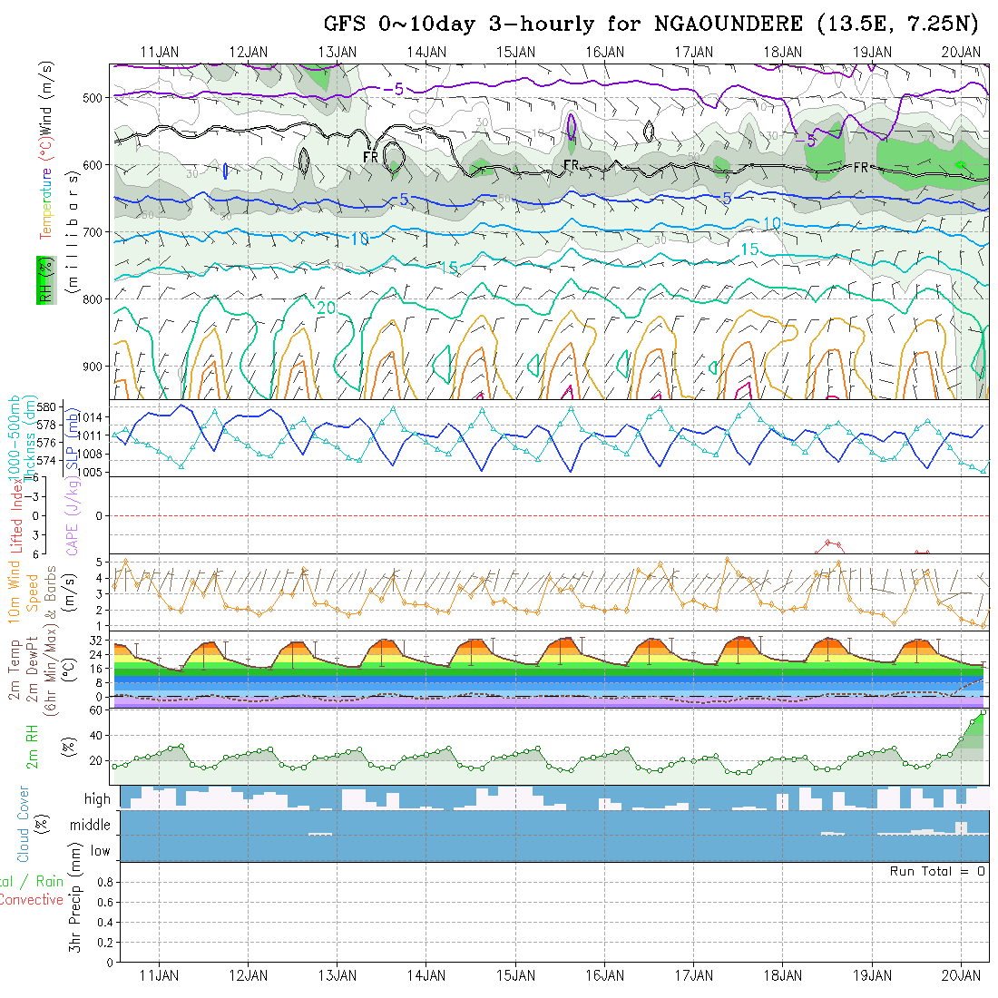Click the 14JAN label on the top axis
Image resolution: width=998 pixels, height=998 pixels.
426,52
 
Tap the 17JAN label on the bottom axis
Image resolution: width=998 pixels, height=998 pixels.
694,975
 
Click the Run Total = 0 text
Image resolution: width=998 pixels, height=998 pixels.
937,871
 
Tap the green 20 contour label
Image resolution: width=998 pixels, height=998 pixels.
327,308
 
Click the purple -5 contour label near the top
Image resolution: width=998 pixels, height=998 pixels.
394,88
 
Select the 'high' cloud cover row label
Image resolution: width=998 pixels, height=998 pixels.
97,799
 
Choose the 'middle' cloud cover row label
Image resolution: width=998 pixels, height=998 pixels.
91,826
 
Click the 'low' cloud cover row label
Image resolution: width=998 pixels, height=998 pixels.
100,851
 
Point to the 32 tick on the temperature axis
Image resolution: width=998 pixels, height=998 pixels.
95,640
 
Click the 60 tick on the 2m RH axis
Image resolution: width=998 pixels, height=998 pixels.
95,710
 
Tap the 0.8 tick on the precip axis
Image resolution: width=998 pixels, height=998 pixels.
103,882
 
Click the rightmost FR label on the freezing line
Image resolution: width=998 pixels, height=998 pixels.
860,167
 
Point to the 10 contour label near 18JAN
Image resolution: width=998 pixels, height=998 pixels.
772,223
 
